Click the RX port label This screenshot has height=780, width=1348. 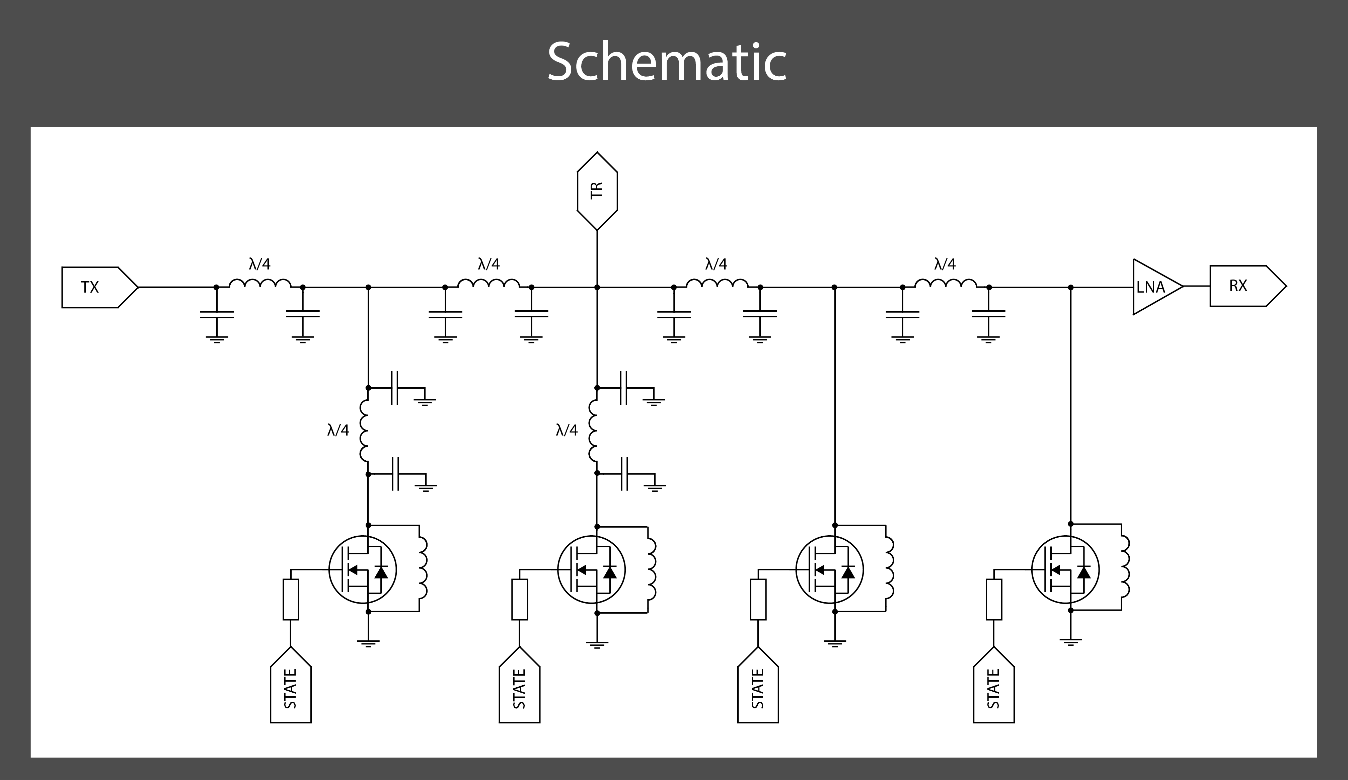[1238, 286]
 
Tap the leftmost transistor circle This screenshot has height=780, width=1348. [362, 570]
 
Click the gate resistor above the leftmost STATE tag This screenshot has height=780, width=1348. [291, 599]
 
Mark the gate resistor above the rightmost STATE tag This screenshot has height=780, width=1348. [993, 599]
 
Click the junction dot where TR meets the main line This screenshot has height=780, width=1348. [597, 287]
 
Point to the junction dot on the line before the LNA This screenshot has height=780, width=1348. [1070, 287]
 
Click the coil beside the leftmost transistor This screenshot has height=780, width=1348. [423, 568]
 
